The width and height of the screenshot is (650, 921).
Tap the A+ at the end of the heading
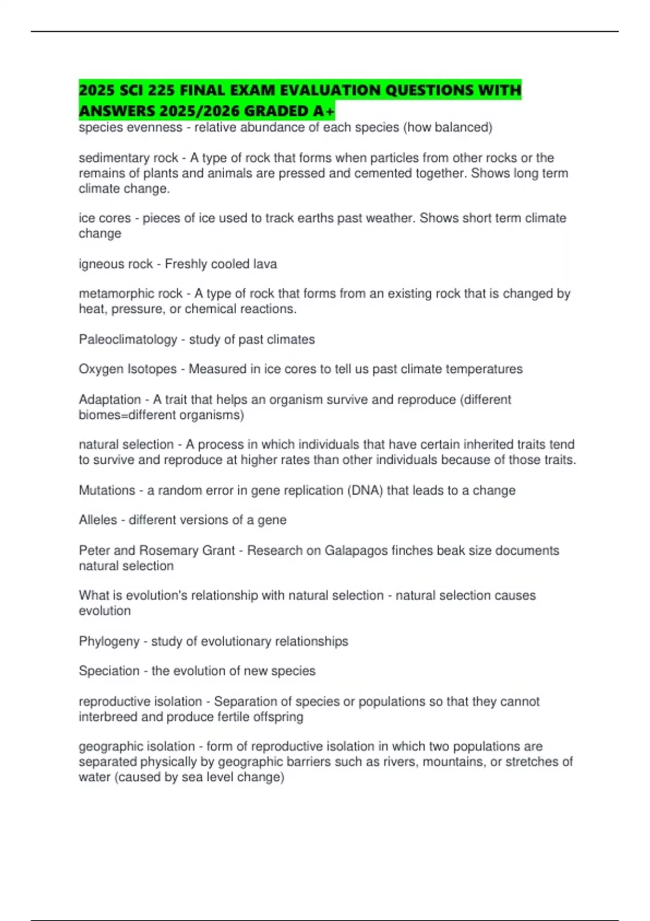[x=324, y=111]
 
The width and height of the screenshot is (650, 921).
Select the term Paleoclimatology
[x=128, y=340]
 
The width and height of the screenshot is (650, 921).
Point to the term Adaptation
[x=110, y=400]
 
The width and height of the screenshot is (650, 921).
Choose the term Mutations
[x=107, y=490]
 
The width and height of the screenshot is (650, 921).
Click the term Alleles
[x=98, y=520]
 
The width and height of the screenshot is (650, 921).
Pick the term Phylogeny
[x=109, y=641]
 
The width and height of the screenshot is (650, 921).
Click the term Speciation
[x=109, y=671]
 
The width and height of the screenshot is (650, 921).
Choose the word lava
[x=265, y=264]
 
